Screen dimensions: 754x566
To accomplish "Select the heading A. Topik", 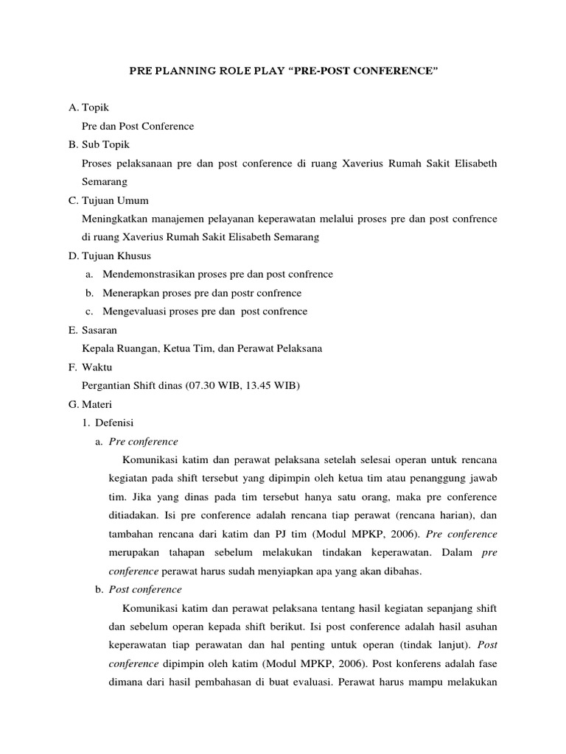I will pyautogui.click(x=88, y=108).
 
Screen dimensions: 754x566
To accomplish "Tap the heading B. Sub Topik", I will pyautogui.click(x=99, y=144).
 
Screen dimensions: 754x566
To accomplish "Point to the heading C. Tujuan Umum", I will pyautogui.click(x=108, y=200).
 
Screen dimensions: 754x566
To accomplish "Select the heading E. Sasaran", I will pyautogui.click(x=92, y=330).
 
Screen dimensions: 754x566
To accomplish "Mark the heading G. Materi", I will pyautogui.click(x=90, y=404).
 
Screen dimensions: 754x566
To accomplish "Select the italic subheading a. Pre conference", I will pyautogui.click(x=137, y=442).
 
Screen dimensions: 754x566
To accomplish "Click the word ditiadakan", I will pyautogui.click(x=125, y=515).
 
